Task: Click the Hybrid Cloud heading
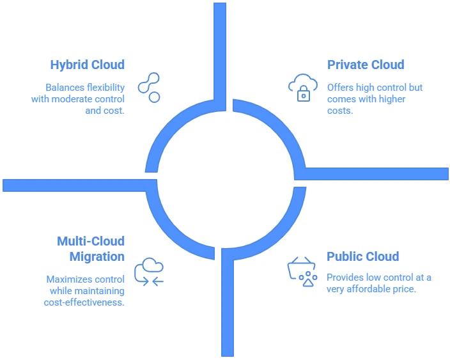[x=87, y=65]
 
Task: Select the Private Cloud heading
[x=366, y=65]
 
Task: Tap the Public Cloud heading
[x=362, y=256]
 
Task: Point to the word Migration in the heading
[x=97, y=256]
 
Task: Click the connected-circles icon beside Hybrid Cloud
[x=150, y=88]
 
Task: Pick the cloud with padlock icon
[x=302, y=88]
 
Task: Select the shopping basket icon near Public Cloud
[x=302, y=272]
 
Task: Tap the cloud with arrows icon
[x=149, y=272]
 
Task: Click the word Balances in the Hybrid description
[x=64, y=88]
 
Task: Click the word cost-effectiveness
[x=85, y=302]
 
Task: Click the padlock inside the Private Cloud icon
[x=304, y=95]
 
